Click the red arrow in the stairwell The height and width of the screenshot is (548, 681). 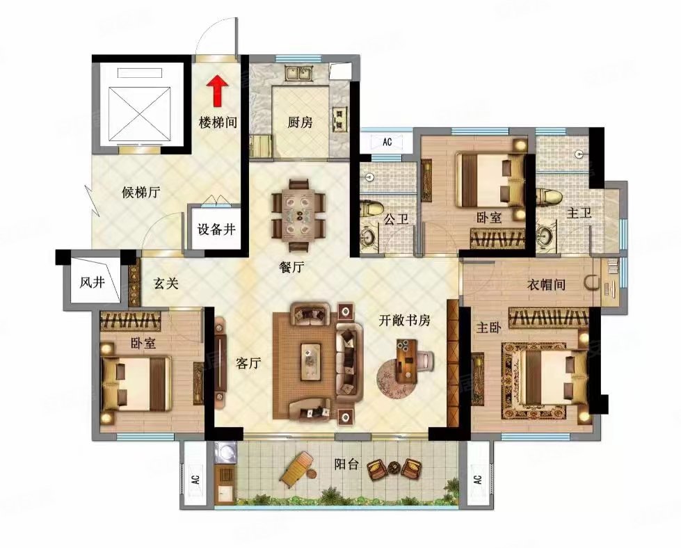pos(217,91)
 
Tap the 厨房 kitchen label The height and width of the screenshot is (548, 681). pos(300,122)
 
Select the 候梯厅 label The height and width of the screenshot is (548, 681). pos(141,192)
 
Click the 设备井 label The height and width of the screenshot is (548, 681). pos(216,229)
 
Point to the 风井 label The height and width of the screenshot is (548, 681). pos(92,282)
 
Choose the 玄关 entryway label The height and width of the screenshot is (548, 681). pos(166,283)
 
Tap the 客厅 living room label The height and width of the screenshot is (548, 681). pos(248,362)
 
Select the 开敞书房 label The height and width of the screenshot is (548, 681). pos(405,320)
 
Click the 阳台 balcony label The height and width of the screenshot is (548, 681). pos(346,464)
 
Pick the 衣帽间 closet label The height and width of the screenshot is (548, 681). pos(546,284)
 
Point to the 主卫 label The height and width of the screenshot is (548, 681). pos(579,213)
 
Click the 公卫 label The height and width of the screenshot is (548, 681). pos(396,218)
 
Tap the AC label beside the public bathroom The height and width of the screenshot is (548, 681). pos(387,142)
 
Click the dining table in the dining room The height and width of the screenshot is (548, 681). pos(299,216)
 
